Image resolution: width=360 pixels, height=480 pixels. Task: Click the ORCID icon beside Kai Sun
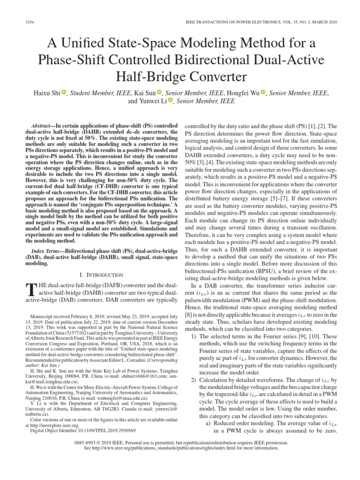(159, 93)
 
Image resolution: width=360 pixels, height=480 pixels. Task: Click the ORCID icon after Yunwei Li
(171, 101)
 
